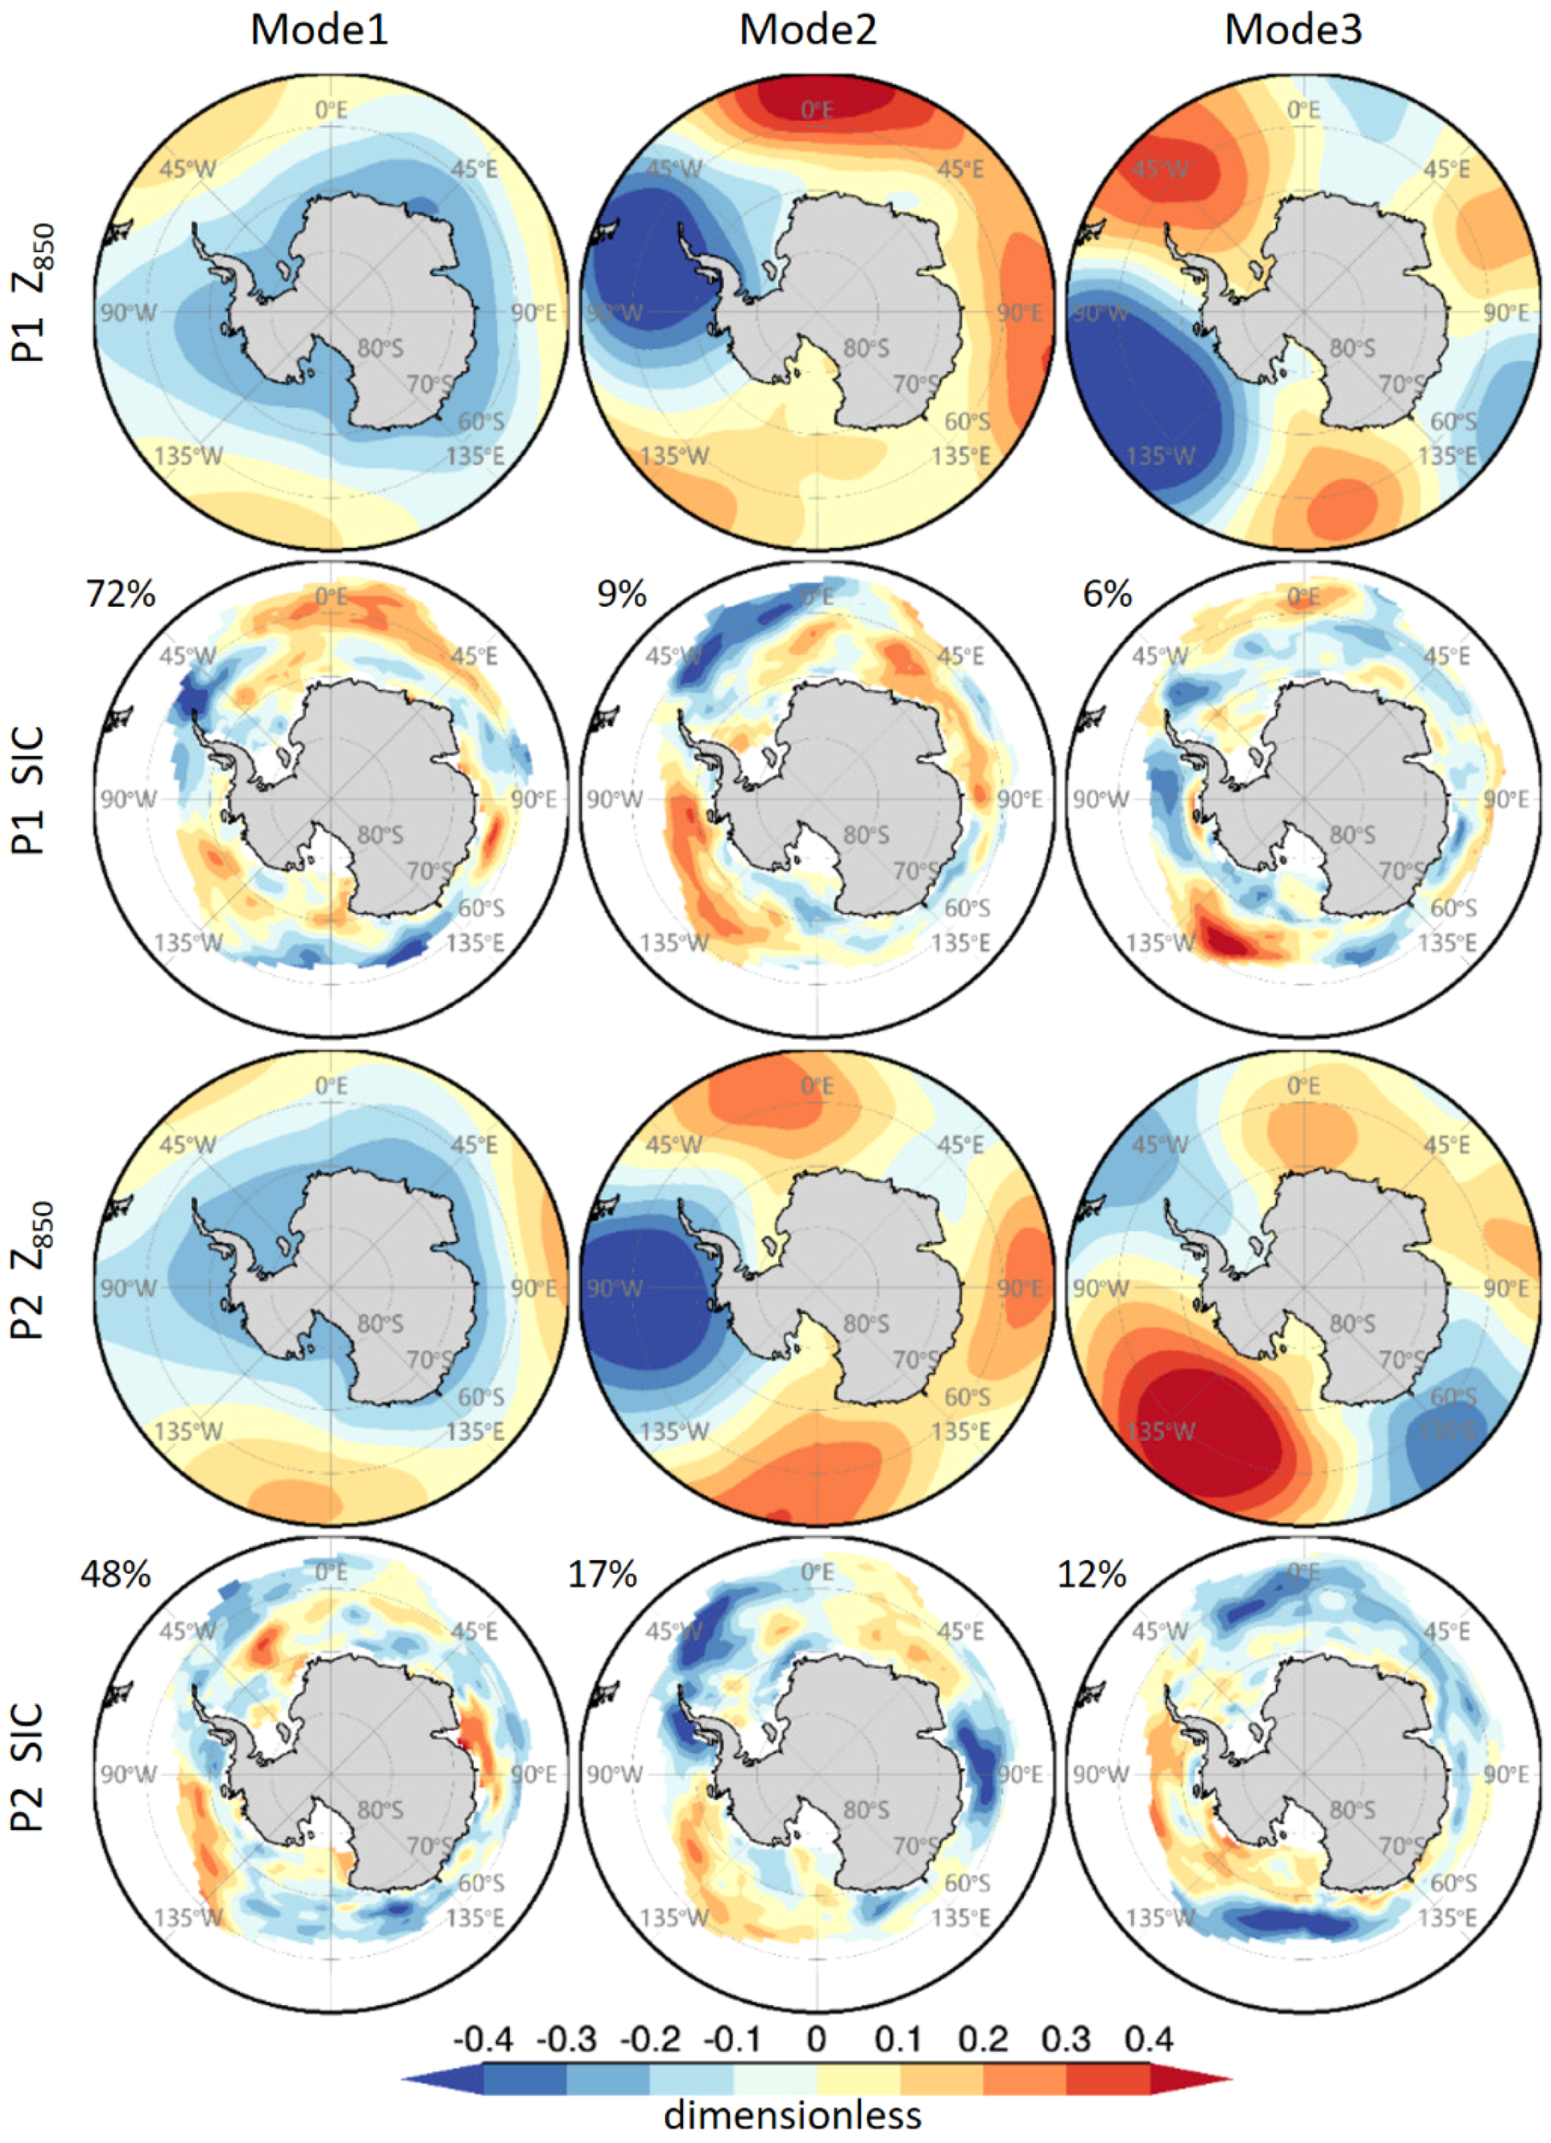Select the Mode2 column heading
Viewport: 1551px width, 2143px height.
[x=806, y=30]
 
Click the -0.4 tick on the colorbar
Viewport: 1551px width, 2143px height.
[x=482, y=2039]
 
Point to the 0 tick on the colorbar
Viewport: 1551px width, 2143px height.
[x=816, y=2039]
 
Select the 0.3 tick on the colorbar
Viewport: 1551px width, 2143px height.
[x=1065, y=2039]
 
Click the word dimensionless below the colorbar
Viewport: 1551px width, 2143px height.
[x=793, y=2114]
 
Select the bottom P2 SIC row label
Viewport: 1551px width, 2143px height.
[x=28, y=1767]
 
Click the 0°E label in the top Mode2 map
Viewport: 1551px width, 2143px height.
[x=817, y=111]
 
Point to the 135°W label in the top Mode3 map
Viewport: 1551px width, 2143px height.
[x=1160, y=456]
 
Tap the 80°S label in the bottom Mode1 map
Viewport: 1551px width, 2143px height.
[x=380, y=1810]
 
